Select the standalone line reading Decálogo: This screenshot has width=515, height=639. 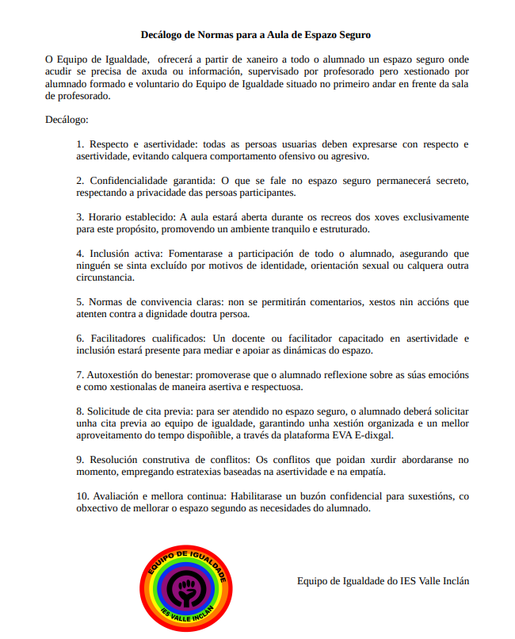point(67,120)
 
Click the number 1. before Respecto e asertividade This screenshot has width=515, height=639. point(80,144)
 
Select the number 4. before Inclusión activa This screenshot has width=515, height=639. point(80,254)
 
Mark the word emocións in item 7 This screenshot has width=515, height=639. point(444,375)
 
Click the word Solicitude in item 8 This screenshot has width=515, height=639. point(114,411)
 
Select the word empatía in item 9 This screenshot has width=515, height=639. point(368,472)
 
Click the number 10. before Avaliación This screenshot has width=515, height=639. point(82,496)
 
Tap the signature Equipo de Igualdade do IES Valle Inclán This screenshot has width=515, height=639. point(383,580)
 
